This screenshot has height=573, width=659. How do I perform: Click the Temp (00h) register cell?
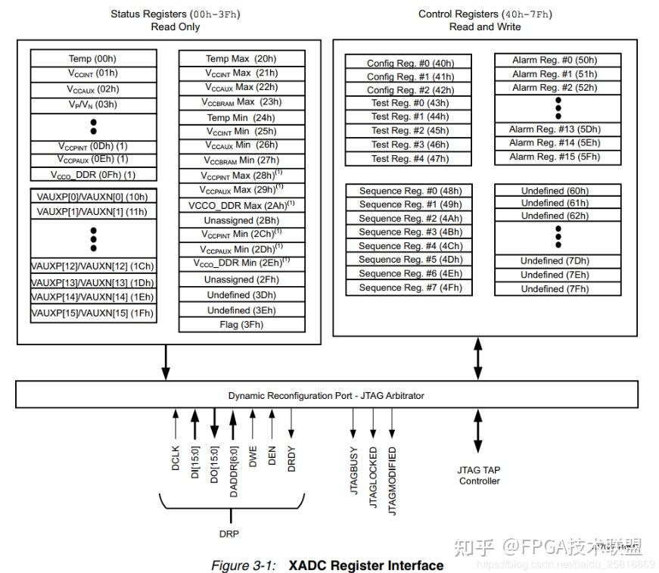(93, 58)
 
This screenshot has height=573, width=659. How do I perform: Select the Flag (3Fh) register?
(241, 325)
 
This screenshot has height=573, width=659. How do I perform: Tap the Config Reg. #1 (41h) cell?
(410, 76)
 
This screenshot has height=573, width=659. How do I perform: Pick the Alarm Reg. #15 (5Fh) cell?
(558, 157)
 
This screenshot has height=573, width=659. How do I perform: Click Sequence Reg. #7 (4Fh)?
(410, 288)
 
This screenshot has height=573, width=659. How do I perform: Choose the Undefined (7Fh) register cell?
(558, 288)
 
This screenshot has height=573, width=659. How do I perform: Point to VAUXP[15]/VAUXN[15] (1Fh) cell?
(93, 313)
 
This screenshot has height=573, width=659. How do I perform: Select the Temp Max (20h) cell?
(241, 58)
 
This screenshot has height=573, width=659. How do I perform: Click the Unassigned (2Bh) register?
(241, 220)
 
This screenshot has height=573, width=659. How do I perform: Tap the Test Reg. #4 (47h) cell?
(410, 159)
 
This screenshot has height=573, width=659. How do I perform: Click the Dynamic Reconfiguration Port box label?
(326, 395)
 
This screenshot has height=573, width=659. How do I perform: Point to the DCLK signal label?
(176, 459)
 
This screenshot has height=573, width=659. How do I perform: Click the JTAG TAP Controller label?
(478, 475)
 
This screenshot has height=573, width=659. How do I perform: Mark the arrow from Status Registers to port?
(166, 363)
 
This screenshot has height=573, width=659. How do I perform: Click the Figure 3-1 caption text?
(327, 565)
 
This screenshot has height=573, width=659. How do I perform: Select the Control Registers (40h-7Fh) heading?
(484, 14)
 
